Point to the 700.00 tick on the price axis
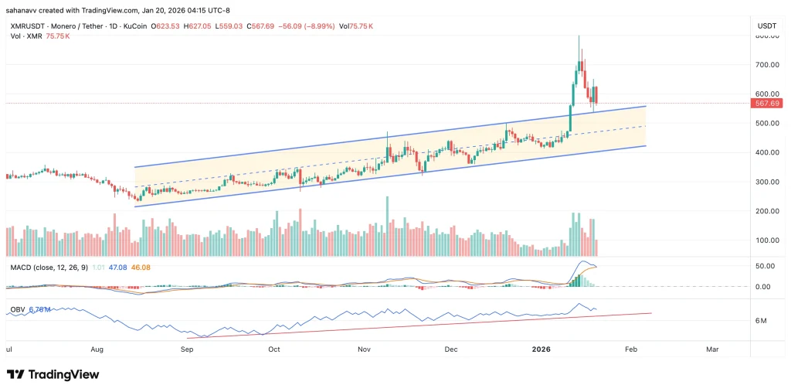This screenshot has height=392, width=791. tap(766, 65)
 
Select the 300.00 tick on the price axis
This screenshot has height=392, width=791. tap(766, 182)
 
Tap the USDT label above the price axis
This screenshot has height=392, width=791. tap(766, 26)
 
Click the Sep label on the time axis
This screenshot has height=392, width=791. tap(186, 349)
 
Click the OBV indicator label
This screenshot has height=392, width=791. tap(17, 310)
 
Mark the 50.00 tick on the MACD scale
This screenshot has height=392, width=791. tap(766, 266)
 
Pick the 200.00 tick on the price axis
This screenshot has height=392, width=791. tap(766, 211)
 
